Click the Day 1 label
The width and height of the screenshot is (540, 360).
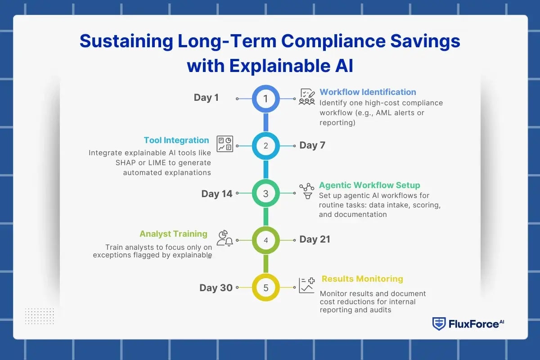coord(206,98)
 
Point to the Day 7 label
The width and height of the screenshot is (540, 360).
coord(312,145)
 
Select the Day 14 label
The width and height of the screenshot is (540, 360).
coord(217,193)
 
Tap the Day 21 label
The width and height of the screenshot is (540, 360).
coord(315,239)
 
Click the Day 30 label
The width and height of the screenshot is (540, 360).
coord(216,288)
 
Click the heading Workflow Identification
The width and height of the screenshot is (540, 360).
coord(368,92)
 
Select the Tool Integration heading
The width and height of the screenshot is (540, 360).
coord(176,140)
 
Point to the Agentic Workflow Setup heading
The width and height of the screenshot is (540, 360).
coord(369,185)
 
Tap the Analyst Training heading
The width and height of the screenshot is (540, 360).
coord(173,234)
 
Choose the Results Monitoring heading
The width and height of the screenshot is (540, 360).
coord(362,279)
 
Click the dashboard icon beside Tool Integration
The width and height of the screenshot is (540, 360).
coord(225,144)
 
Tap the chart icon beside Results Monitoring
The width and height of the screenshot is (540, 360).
coord(306,285)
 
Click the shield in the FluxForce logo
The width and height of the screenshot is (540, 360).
coord(439,324)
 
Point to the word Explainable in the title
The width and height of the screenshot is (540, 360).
coord(279,66)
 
